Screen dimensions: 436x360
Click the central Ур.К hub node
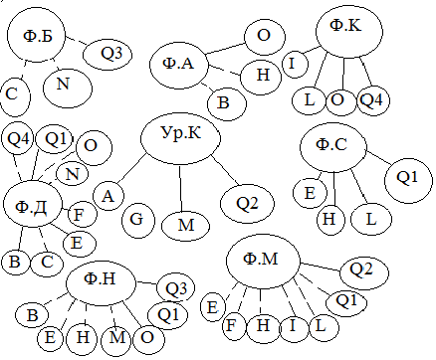click(x=181, y=138)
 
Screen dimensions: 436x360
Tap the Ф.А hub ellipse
click(x=179, y=65)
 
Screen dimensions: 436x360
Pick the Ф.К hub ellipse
click(x=349, y=32)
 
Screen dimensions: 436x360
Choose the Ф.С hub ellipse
click(x=333, y=148)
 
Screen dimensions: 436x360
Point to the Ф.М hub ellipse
click(x=263, y=262)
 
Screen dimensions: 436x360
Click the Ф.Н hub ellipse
click(x=101, y=282)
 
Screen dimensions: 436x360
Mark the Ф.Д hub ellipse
click(x=33, y=204)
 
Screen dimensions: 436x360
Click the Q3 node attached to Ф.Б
click(x=108, y=55)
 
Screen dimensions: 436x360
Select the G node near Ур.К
click(x=138, y=220)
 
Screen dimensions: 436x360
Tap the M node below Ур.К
click(x=186, y=226)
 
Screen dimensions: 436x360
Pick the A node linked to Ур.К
click(x=109, y=196)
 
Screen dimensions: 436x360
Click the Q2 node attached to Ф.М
click(x=364, y=273)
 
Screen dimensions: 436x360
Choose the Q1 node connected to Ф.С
click(x=408, y=180)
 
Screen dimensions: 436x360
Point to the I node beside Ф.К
click(x=295, y=64)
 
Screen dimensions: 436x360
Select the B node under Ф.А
click(x=227, y=103)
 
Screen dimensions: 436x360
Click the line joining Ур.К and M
click(x=180, y=188)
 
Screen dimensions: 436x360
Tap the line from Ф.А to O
click(x=226, y=49)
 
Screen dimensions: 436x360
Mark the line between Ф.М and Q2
click(x=321, y=267)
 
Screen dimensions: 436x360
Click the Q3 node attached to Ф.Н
click(x=175, y=287)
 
